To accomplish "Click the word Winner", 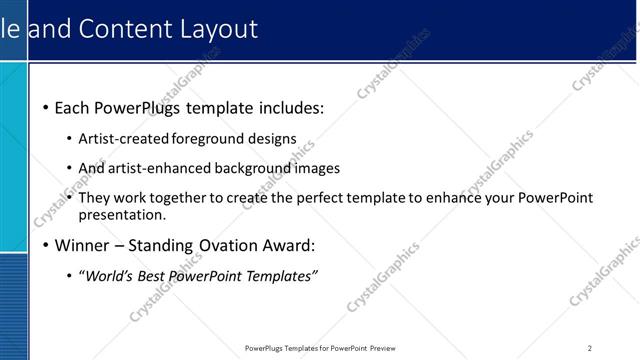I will pos(83,245).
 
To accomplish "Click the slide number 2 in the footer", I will pos(589,348).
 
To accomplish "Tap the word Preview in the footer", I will pos(382,348).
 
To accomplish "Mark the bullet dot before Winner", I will pos(46,245).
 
